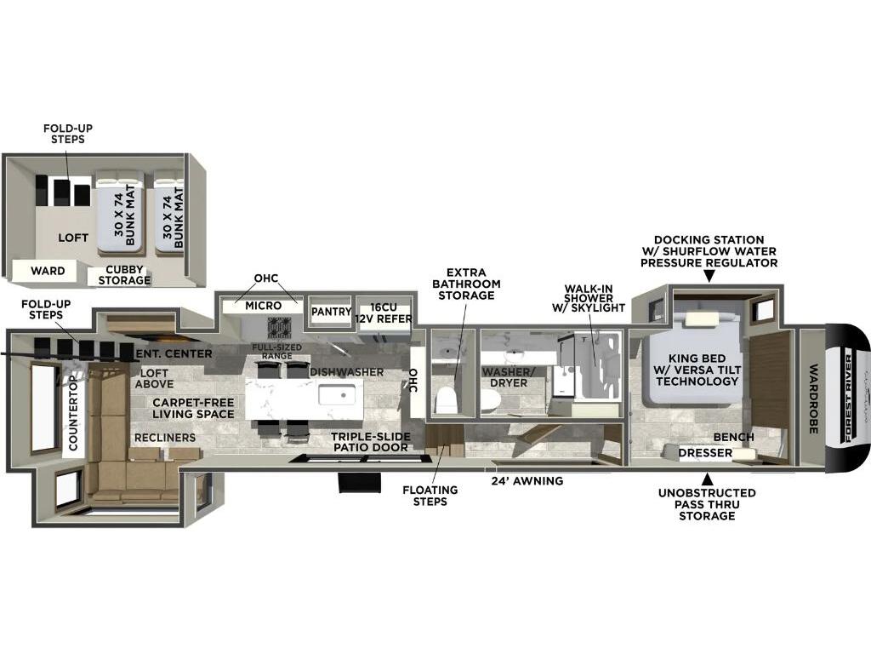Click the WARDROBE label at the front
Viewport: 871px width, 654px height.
[x=813, y=399]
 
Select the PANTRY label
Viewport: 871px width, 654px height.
[x=331, y=312]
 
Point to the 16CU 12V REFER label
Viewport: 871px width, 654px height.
[x=383, y=313]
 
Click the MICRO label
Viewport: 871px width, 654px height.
[x=263, y=306]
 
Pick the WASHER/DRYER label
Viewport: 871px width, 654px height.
[x=504, y=377]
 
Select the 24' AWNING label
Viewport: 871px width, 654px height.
[x=527, y=480]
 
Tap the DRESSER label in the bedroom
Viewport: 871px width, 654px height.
[x=705, y=453]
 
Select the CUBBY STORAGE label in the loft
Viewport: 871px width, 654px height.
[x=124, y=275]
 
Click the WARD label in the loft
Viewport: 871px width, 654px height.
[x=48, y=271]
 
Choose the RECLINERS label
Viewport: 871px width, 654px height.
[x=164, y=438]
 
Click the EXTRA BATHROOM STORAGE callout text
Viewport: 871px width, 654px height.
[x=466, y=284]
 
